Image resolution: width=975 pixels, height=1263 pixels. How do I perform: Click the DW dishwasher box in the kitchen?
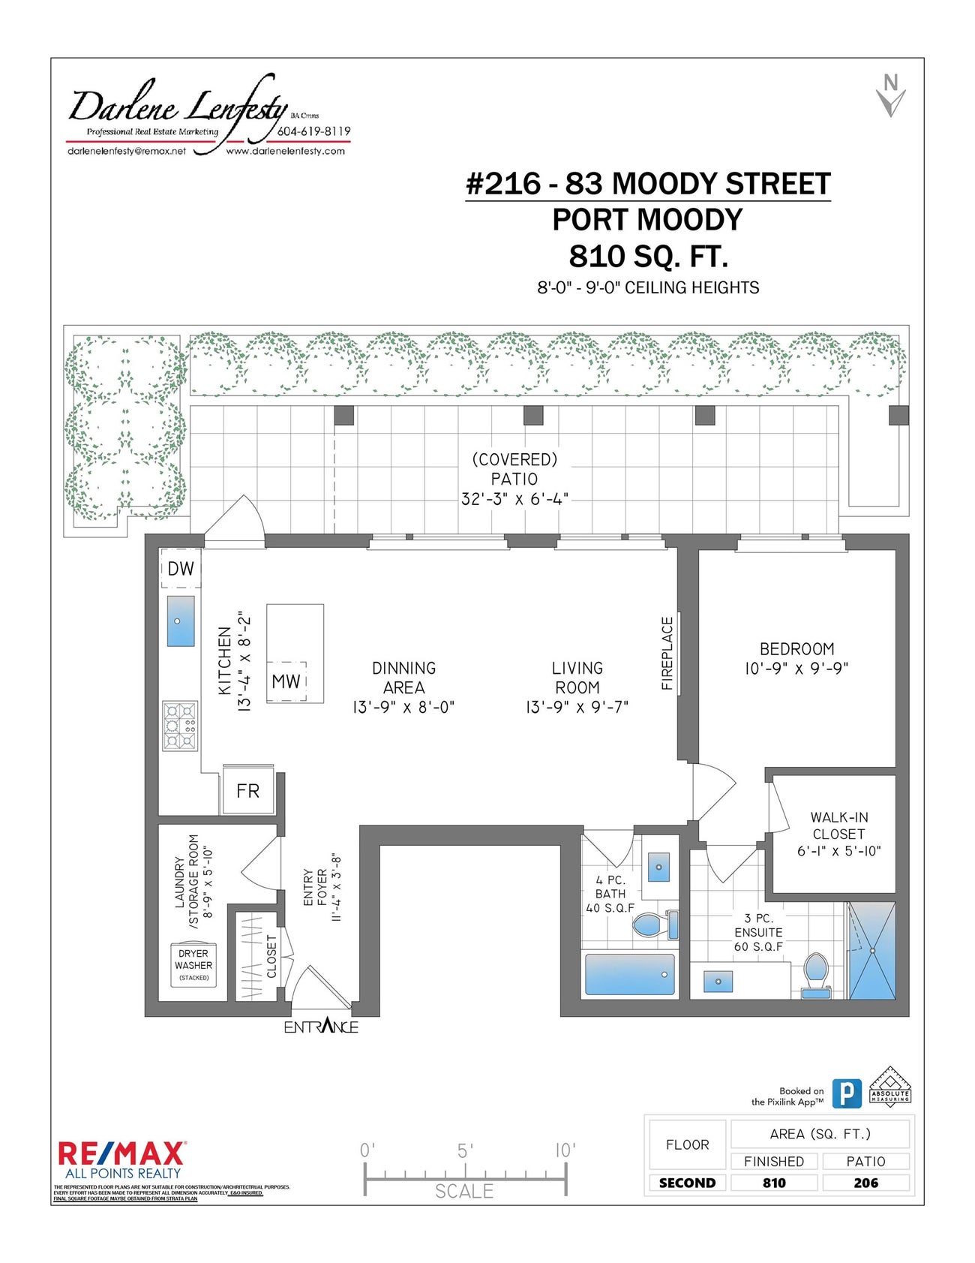pyautogui.click(x=180, y=569)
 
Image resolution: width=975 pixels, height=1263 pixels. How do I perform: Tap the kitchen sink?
pyautogui.click(x=180, y=621)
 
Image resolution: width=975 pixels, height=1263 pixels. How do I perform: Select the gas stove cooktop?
pyautogui.click(x=180, y=726)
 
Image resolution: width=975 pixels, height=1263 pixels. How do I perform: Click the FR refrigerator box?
pyautogui.click(x=248, y=790)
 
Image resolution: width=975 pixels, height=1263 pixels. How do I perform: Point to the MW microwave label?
pyautogui.click(x=286, y=681)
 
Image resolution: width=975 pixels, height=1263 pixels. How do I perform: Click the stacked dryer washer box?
pyautogui.click(x=193, y=965)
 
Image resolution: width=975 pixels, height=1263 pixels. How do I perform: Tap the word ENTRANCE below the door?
pyautogui.click(x=321, y=1026)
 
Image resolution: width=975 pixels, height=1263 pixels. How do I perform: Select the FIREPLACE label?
pyautogui.click(x=667, y=653)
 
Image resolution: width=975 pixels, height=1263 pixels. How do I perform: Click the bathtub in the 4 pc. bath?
pyautogui.click(x=629, y=974)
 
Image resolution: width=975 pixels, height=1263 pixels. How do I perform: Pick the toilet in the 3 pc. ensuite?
pyautogui.click(x=815, y=973)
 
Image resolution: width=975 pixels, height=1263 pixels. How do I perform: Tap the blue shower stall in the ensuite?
pyautogui.click(x=871, y=951)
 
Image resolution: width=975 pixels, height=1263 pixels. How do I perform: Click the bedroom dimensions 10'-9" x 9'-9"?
pyautogui.click(x=796, y=668)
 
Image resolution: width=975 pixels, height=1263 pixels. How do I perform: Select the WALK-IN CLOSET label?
pyautogui.click(x=838, y=825)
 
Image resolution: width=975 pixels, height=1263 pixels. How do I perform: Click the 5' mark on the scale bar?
pyautogui.click(x=465, y=1150)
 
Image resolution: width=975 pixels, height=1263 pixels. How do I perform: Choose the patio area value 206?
pyautogui.click(x=865, y=1183)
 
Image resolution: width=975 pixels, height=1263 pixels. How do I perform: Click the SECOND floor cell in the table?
pyautogui.click(x=687, y=1183)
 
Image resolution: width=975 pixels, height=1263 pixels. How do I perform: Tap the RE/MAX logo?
pyautogui.click(x=121, y=1153)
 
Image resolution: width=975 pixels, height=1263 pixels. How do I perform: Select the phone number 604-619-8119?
pyautogui.click(x=313, y=131)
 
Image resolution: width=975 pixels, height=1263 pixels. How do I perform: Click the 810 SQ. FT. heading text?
pyautogui.click(x=648, y=256)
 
